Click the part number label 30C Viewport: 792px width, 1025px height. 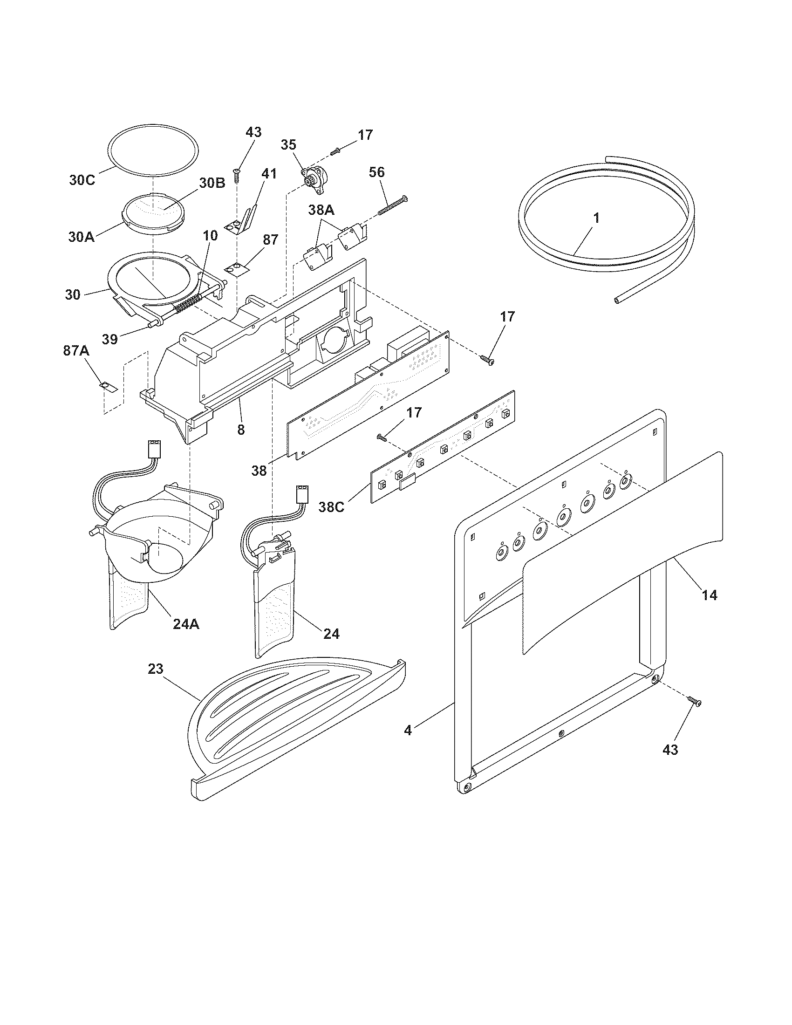(82, 180)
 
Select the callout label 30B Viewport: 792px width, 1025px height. (212, 184)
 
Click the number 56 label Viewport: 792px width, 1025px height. (377, 172)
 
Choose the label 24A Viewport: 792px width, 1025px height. (186, 624)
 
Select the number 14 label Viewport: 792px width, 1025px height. (710, 595)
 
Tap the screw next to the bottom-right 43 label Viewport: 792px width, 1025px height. (695, 714)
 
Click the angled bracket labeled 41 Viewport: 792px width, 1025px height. (244, 221)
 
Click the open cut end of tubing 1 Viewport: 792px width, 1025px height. (617, 300)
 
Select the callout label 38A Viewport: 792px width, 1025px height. (321, 211)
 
